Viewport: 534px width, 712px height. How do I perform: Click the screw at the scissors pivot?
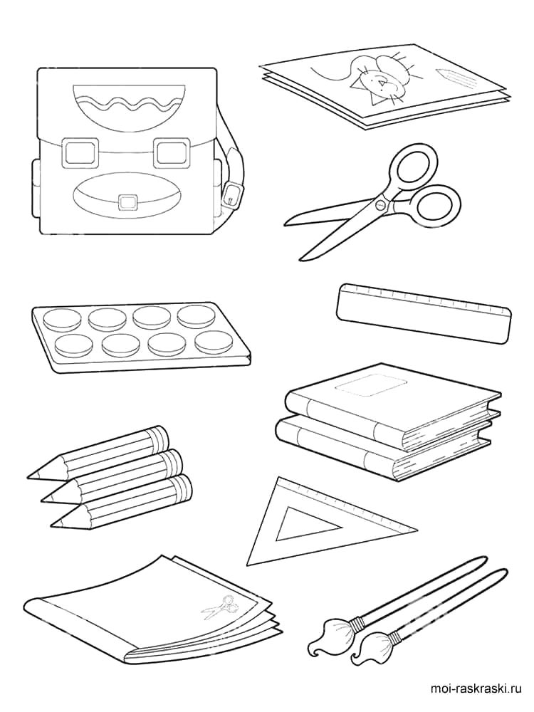[x=379, y=205]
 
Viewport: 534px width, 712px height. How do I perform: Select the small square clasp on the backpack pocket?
[x=127, y=201]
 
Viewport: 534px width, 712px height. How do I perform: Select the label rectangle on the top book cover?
[x=370, y=387]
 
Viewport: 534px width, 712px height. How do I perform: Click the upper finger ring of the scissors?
[x=413, y=169]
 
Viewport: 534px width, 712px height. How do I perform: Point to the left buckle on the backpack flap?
[x=81, y=152]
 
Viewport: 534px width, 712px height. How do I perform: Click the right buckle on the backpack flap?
[x=171, y=153]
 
